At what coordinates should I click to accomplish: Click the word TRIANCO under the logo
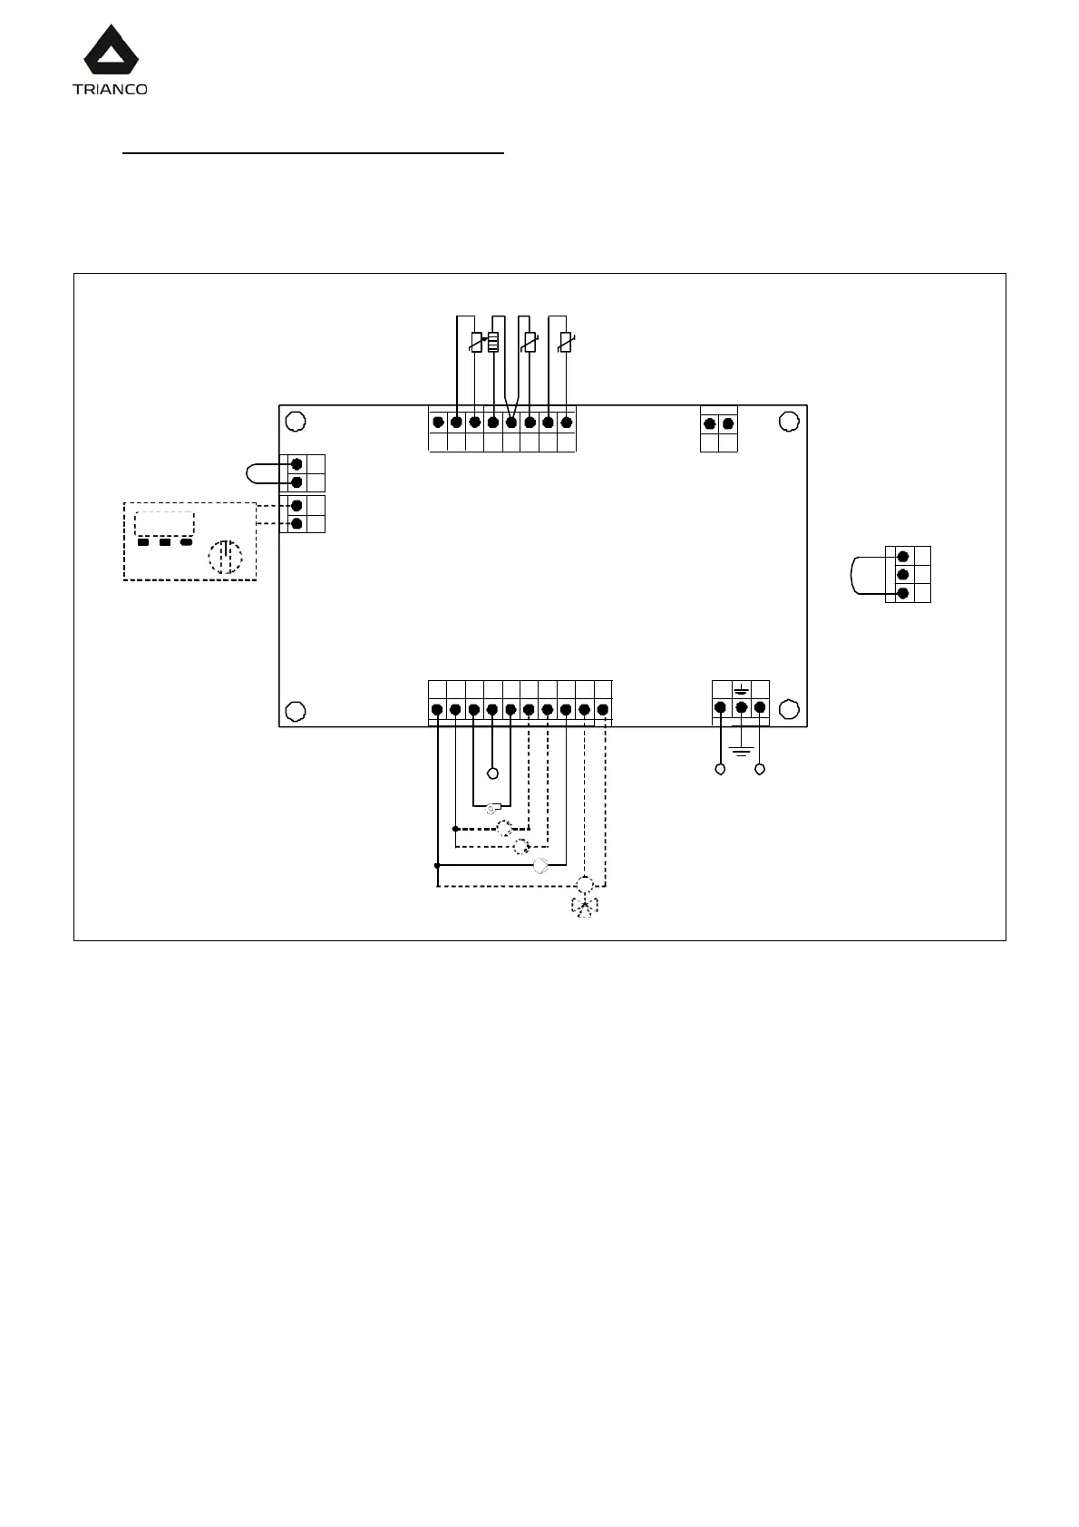click(110, 89)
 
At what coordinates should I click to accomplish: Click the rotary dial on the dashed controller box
click(226, 557)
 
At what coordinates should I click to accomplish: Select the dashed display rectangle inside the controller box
click(164, 524)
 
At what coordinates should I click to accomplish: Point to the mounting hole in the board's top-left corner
click(295, 422)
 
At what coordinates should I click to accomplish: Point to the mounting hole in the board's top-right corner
click(789, 422)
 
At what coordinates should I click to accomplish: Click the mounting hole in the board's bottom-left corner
click(295, 710)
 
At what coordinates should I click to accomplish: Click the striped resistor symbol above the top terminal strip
click(494, 342)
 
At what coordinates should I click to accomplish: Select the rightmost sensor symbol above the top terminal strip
click(567, 343)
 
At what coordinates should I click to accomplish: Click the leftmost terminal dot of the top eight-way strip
click(438, 423)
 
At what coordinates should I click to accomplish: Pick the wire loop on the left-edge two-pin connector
click(261, 472)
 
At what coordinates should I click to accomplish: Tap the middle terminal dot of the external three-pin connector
click(902, 574)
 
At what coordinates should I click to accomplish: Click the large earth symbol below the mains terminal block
click(742, 752)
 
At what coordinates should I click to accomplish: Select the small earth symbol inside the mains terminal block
click(741, 690)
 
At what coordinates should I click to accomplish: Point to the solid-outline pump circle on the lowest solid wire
click(541, 864)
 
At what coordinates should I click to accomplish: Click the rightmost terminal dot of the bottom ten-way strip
click(603, 709)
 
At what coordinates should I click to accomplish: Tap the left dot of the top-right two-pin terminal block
click(710, 423)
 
